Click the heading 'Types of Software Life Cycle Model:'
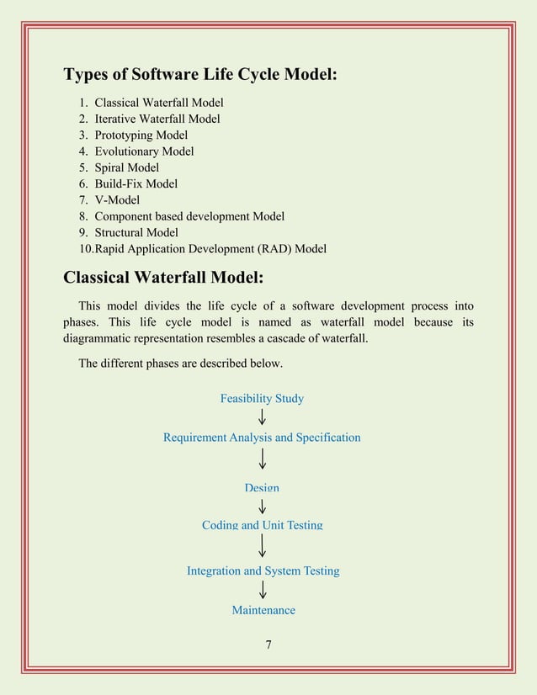click(x=200, y=75)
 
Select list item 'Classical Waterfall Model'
click(x=158, y=103)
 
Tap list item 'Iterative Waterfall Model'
click(x=157, y=119)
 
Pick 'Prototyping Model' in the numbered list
click(x=141, y=135)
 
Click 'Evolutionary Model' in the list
click(x=144, y=151)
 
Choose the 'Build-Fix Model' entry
click(x=136, y=183)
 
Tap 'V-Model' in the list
click(x=117, y=200)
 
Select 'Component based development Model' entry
click(x=189, y=216)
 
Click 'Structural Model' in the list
click(x=136, y=232)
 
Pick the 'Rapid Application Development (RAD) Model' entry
click(x=210, y=249)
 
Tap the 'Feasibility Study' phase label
click(x=262, y=398)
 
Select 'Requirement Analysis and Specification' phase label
click(x=262, y=438)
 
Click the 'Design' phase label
click(x=262, y=488)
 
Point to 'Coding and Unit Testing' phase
click(x=262, y=525)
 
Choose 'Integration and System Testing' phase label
click(x=263, y=570)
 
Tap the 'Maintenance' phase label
click(x=263, y=610)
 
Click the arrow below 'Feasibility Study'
click(x=263, y=417)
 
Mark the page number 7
click(x=268, y=645)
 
